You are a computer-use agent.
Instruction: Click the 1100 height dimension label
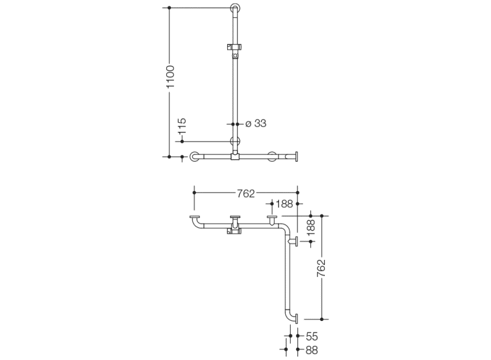click(x=170, y=77)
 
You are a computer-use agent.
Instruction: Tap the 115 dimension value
click(x=182, y=126)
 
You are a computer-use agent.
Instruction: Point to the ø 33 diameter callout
click(x=256, y=123)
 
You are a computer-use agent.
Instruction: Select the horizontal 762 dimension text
click(x=245, y=194)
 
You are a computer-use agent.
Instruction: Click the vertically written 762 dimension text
click(x=321, y=268)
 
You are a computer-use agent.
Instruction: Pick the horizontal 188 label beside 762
click(x=285, y=204)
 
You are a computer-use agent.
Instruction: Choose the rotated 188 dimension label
click(x=311, y=228)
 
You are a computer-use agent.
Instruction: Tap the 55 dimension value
click(x=311, y=337)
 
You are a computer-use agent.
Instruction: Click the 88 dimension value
click(x=311, y=350)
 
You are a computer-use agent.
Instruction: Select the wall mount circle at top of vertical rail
click(x=235, y=8)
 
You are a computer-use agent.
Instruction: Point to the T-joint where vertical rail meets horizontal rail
click(x=235, y=156)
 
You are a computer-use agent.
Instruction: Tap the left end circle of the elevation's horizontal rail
click(x=194, y=156)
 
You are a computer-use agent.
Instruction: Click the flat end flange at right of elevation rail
click(x=296, y=157)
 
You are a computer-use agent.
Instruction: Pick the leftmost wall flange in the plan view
click(x=195, y=217)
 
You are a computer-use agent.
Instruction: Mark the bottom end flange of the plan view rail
click(x=296, y=319)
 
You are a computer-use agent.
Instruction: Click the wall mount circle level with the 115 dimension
click(x=235, y=142)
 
